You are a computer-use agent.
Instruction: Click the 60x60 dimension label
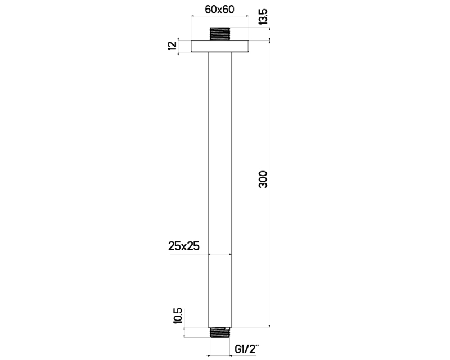point(220,10)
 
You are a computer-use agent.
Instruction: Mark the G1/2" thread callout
point(247,349)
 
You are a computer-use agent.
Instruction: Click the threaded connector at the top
point(220,33)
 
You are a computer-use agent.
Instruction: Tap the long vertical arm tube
point(220,169)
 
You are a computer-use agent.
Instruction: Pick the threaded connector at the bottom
point(220,332)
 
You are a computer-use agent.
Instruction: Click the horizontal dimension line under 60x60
point(220,18)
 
